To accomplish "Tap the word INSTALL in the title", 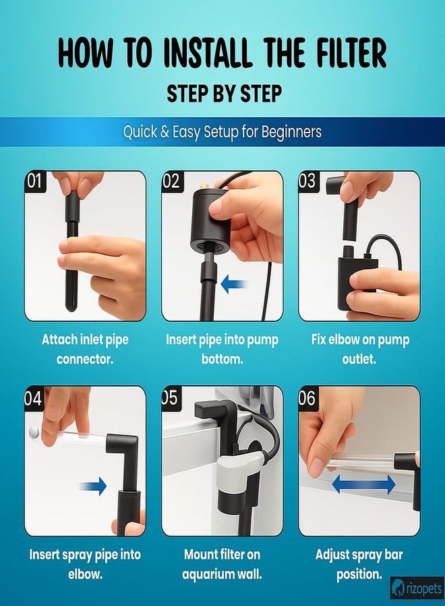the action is tap(207, 53).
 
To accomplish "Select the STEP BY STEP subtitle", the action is tap(225, 94).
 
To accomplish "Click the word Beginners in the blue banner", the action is tap(292, 132).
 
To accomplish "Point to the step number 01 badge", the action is tap(35, 181).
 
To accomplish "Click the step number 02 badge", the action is tap(171, 181).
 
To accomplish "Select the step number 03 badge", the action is tap(308, 181).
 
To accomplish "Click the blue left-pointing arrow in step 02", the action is tap(234, 284).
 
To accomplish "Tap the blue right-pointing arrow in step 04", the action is tap(92, 486).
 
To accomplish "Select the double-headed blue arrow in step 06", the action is tap(363, 484).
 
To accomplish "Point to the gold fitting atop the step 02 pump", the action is tap(204, 187).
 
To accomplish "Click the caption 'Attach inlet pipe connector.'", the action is tap(85, 349).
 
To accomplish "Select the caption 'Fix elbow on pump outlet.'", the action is tap(360, 349).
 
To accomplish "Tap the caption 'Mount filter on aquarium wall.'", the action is tap(222, 564).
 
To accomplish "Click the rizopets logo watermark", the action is tap(417, 588).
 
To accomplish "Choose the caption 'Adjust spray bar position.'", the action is tap(359, 564).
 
